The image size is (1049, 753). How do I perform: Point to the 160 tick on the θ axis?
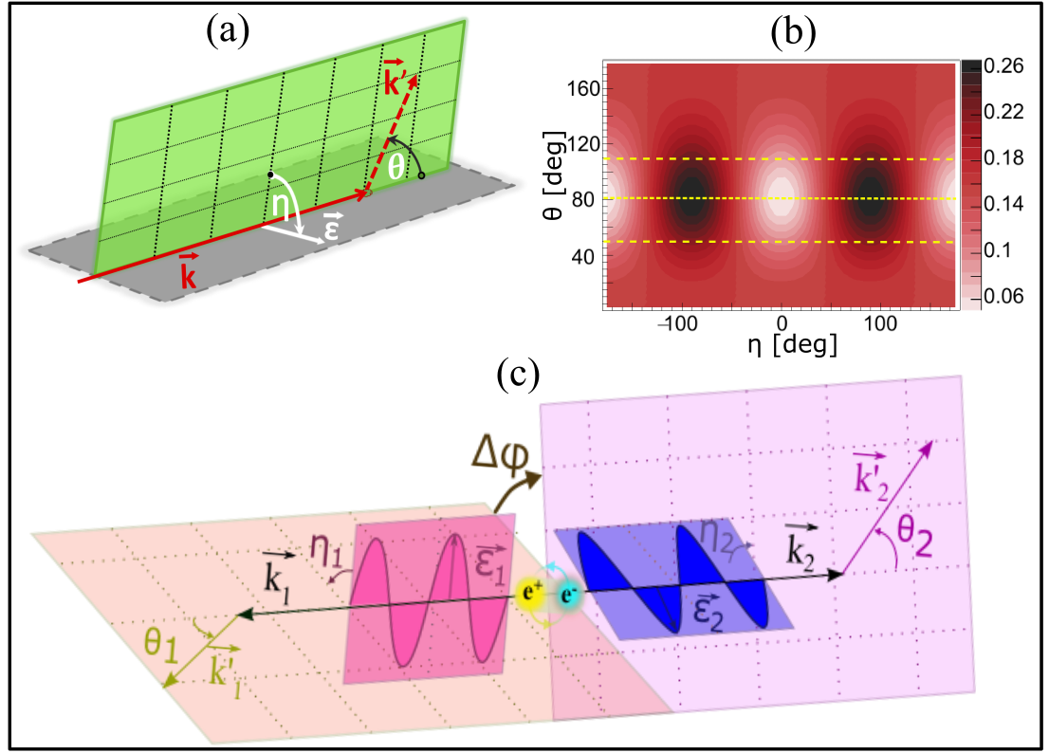580,87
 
